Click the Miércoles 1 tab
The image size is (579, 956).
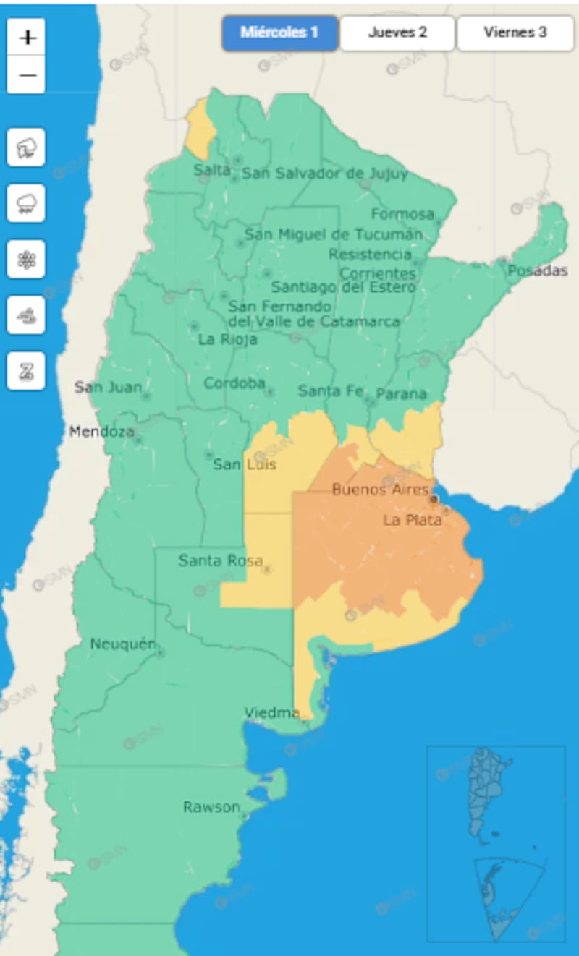point(279,33)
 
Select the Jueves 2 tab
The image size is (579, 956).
point(397,33)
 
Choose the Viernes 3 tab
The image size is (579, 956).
point(515,33)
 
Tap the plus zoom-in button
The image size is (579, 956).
point(27,38)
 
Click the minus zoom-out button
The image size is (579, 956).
point(27,74)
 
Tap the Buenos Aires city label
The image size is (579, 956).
point(380,490)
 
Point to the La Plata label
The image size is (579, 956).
point(413,520)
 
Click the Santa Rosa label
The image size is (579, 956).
point(220,560)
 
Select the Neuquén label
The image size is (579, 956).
point(122,644)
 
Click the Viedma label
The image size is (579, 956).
point(271,713)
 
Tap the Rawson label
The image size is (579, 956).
point(211,807)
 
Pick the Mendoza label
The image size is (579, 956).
point(101,432)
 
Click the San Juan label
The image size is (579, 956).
point(108,388)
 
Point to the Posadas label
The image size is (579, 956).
point(537,270)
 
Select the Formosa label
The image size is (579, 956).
point(402,214)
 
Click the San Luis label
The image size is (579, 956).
point(245,464)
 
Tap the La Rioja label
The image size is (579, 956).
point(227,339)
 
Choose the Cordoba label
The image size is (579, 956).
point(234,383)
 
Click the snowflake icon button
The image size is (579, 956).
point(26,260)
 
